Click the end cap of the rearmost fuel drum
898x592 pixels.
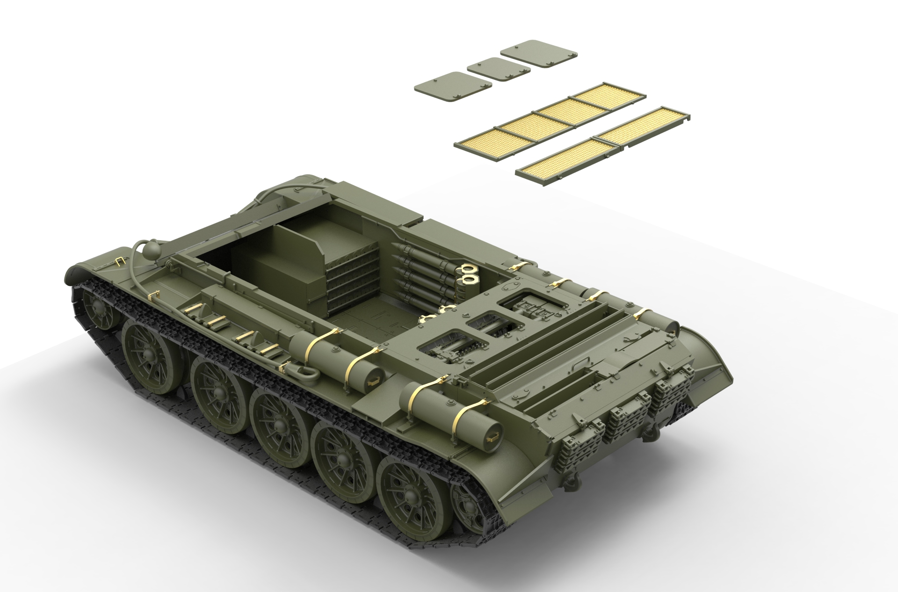pyautogui.click(x=489, y=435)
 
